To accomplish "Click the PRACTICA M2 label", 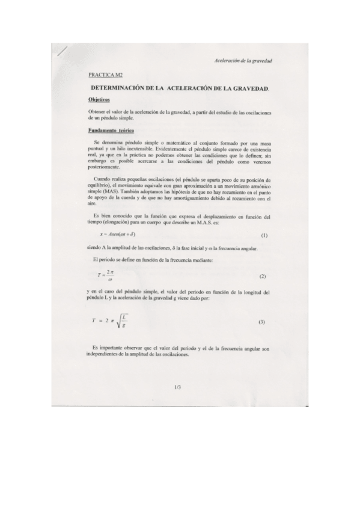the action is pyautogui.click(x=105, y=75).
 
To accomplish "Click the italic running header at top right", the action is pyautogui.click(x=242, y=61).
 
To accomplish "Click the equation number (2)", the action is pyautogui.click(x=262, y=276).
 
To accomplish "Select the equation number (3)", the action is pyautogui.click(x=261, y=322).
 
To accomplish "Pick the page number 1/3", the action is pyautogui.click(x=177, y=388).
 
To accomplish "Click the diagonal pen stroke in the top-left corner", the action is pyautogui.click(x=59, y=51).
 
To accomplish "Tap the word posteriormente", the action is pyautogui.click(x=105, y=169).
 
